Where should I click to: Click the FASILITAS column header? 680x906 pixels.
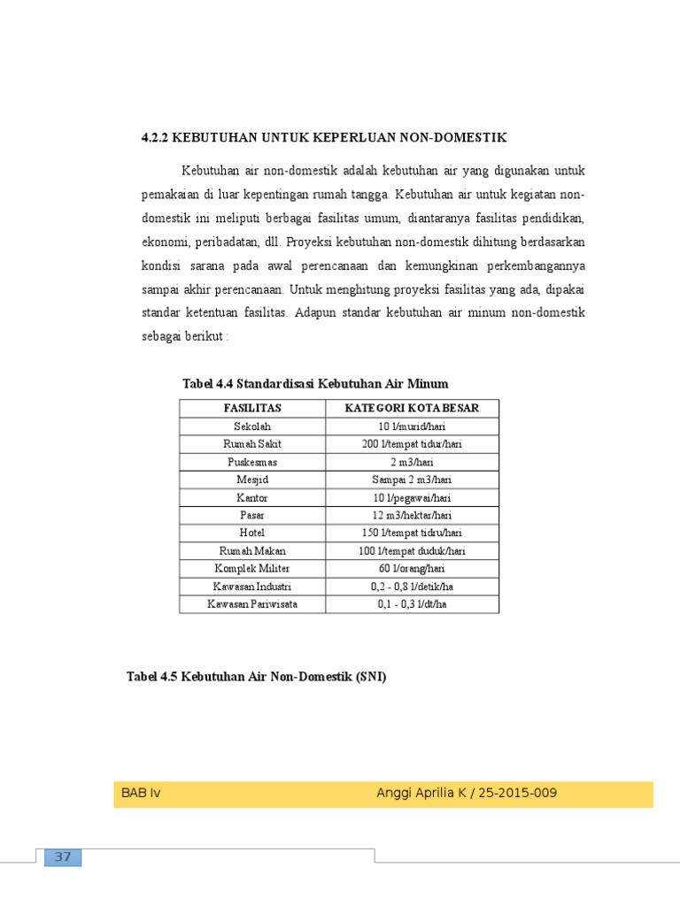tap(252, 408)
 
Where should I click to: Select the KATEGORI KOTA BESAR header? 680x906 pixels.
tap(412, 408)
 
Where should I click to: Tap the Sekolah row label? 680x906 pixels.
tap(252, 426)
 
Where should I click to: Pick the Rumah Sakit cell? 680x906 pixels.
tap(252, 443)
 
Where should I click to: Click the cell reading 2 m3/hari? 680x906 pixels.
tap(412, 461)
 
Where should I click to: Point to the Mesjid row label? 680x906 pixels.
tap(252, 480)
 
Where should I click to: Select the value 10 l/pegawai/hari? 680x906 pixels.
tap(412, 497)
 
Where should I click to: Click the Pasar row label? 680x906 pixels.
tap(252, 515)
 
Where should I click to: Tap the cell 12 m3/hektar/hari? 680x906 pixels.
tap(412, 515)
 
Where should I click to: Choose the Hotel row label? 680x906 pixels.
tap(252, 533)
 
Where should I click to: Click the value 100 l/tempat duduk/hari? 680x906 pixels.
tap(412, 550)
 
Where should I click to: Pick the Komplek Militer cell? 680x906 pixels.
tap(252, 568)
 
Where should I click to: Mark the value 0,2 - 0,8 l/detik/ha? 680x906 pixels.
tap(412, 586)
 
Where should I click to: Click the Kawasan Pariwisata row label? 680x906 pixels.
tap(252, 604)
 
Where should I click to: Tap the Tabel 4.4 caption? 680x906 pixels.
tap(315, 383)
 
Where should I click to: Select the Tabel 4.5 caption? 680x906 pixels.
tap(257, 677)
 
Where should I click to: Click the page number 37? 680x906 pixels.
tap(62, 856)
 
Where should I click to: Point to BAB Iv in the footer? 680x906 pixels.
tap(141, 793)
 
